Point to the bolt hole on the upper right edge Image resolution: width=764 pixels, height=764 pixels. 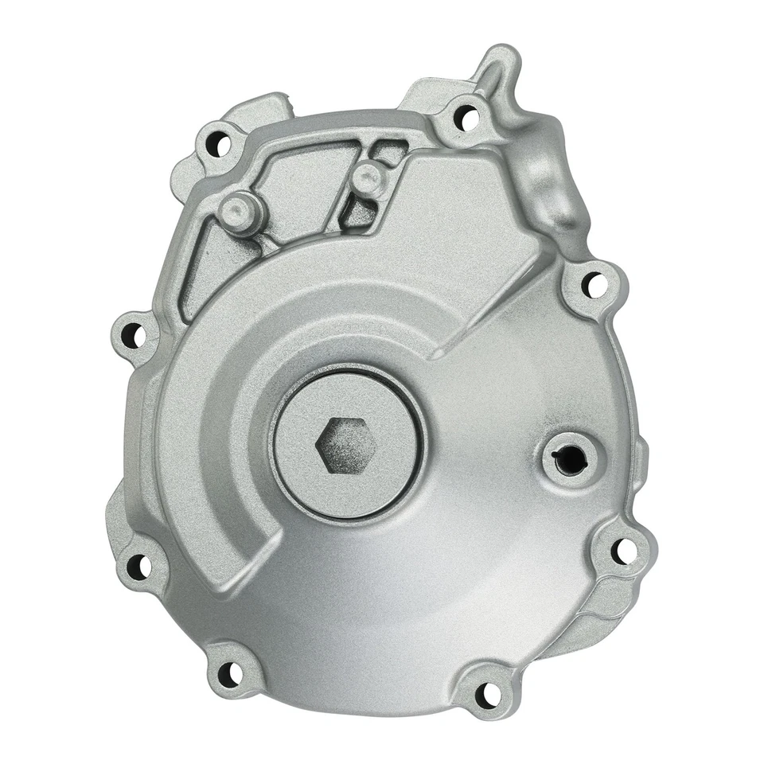tap(593, 283)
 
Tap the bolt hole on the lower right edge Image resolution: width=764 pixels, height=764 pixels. tap(623, 549)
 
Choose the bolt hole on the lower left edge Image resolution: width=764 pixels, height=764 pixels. tap(139, 566)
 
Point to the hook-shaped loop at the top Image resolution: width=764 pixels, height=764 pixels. tap(497, 68)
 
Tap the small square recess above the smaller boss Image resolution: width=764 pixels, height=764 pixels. tap(390, 151)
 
